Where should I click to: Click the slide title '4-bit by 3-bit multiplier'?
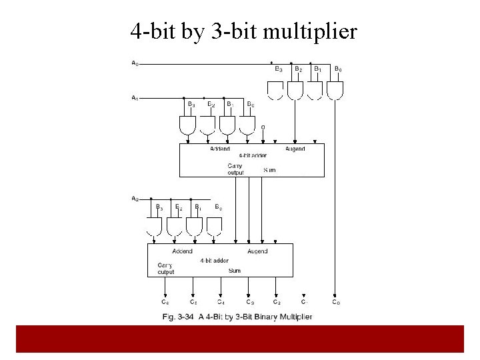click(243, 31)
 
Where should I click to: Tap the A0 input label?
click(135, 63)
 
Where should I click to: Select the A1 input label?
click(135, 98)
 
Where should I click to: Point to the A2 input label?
click(135, 198)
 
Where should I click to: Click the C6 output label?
click(165, 302)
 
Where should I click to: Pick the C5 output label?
click(193, 302)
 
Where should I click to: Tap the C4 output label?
click(221, 302)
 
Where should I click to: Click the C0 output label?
click(335, 302)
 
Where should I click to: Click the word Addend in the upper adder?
click(220, 149)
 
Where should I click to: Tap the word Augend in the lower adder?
click(257, 251)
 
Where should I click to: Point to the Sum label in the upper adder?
click(269, 170)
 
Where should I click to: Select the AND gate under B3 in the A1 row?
click(188, 124)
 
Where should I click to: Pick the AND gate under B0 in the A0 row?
click(335, 89)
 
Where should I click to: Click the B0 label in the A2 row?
click(219, 207)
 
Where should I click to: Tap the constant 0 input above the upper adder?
click(263, 127)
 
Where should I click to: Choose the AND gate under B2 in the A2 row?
click(175, 227)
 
